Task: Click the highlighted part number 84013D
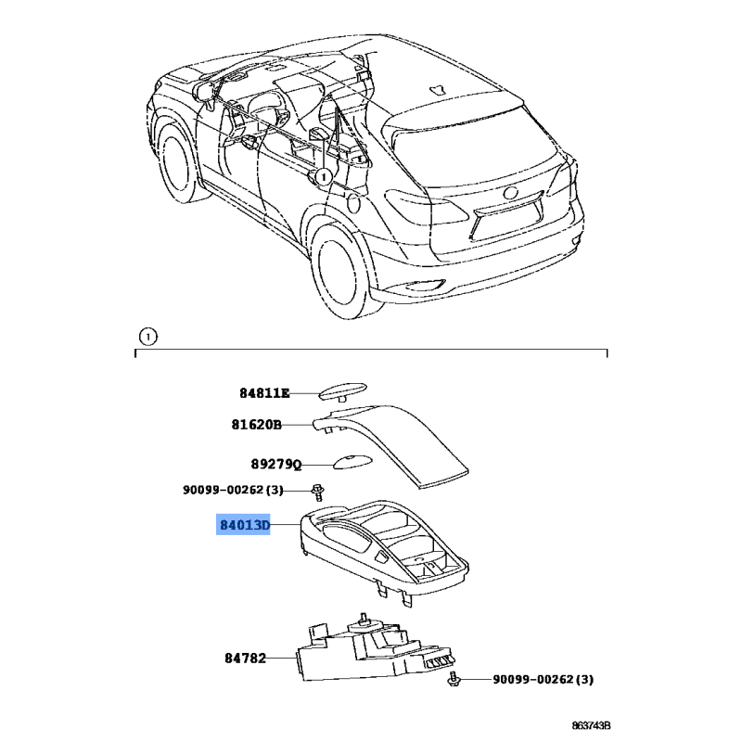coord(245,525)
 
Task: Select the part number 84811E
coord(264,393)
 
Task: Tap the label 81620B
coord(257,425)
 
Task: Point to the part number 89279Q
coord(275,465)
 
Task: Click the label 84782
coord(245,659)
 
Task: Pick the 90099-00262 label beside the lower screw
coord(543,680)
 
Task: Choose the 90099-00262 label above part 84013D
coord(233,490)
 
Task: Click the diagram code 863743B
coord(591,726)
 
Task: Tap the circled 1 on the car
coord(323,177)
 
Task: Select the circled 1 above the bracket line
coord(148,337)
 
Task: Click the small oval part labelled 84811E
coord(342,392)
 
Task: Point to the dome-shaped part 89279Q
coord(352,461)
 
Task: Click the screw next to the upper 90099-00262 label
coord(318,493)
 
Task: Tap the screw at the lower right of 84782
coord(454,679)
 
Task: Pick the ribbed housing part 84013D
coord(384,549)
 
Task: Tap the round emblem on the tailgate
coord(512,193)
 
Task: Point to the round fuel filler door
coord(353,203)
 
